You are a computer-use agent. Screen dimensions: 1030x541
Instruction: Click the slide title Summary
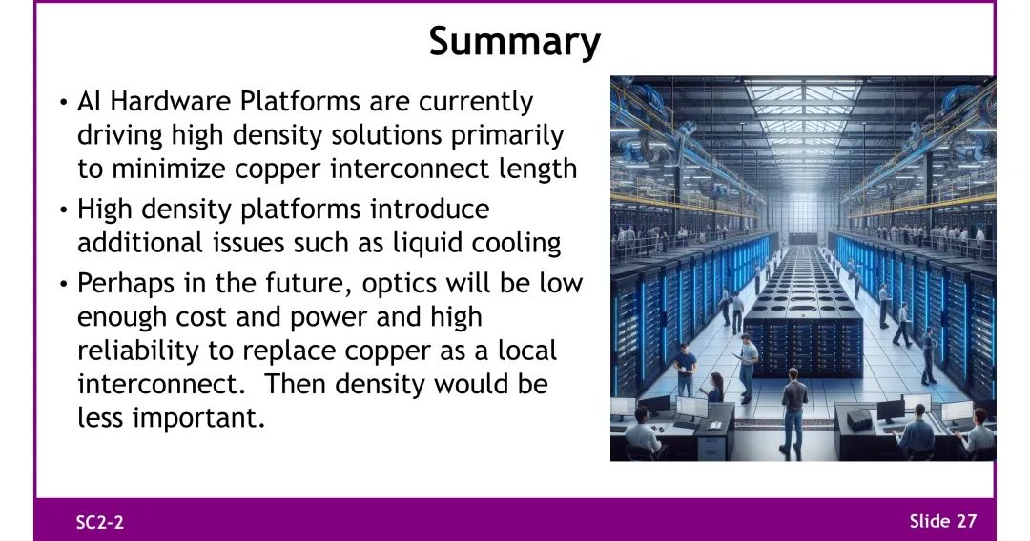515,41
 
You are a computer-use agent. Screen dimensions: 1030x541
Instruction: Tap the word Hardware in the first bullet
170,102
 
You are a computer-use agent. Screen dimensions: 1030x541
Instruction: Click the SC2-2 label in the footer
100,522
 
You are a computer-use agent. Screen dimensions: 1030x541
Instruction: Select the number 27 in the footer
966,521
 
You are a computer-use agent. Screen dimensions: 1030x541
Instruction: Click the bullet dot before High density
63,210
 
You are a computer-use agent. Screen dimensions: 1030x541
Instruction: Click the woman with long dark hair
714,388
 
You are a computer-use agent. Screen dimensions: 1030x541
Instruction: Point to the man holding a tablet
746,368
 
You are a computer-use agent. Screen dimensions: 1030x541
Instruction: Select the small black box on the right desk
858,420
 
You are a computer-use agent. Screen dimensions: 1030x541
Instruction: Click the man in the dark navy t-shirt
685,369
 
